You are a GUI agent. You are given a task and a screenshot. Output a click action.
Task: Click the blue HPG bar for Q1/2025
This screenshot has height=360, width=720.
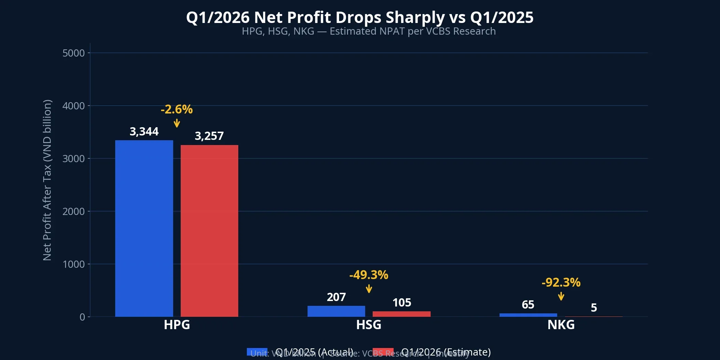coord(144,228)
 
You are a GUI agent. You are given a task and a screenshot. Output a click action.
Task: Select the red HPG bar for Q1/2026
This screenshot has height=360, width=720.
coord(209,231)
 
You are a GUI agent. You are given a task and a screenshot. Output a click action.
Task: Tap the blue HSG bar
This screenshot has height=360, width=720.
coord(336,311)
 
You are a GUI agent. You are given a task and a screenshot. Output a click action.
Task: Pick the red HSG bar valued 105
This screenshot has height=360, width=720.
coord(401,314)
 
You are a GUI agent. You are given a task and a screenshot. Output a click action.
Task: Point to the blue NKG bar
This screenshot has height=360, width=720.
coord(528,315)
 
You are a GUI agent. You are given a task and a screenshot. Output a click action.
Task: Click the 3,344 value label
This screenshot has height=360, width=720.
coord(144,132)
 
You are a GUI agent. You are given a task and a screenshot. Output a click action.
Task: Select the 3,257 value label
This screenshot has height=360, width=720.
coord(209,136)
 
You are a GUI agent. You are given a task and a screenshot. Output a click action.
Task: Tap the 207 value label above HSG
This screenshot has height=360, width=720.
coord(336,297)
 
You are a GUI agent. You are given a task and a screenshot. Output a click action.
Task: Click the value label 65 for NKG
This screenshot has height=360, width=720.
coord(528,304)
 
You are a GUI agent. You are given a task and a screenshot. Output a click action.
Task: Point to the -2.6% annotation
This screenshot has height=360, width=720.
coord(177,109)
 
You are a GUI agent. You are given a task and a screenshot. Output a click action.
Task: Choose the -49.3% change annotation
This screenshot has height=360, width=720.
coord(369,275)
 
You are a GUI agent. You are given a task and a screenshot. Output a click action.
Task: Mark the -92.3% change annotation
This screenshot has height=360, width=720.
coord(561,283)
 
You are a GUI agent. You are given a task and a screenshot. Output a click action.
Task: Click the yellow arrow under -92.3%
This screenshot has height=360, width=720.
coord(561,296)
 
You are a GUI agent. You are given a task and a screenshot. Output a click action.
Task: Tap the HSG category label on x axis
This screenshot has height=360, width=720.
coord(369,325)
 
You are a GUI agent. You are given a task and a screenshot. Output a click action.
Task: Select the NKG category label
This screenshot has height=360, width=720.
coord(561,325)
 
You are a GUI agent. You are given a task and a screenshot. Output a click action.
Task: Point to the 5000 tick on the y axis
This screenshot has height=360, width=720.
coord(73,53)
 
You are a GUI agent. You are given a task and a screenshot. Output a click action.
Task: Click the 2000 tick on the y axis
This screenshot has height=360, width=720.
coord(73,212)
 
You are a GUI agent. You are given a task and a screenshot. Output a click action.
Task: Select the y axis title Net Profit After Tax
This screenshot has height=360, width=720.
coord(47,180)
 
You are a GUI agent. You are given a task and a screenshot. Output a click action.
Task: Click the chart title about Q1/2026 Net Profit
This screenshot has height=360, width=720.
coord(360,17)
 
